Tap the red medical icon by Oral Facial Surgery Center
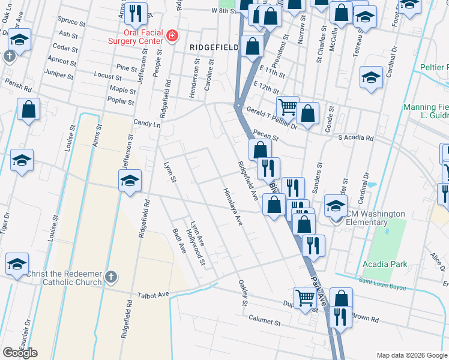click(172, 37)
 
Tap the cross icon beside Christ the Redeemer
click(110, 277)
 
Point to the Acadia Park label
click(385, 264)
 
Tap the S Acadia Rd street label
click(355, 138)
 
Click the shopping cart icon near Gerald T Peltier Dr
click(288, 106)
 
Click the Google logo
click(20, 352)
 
